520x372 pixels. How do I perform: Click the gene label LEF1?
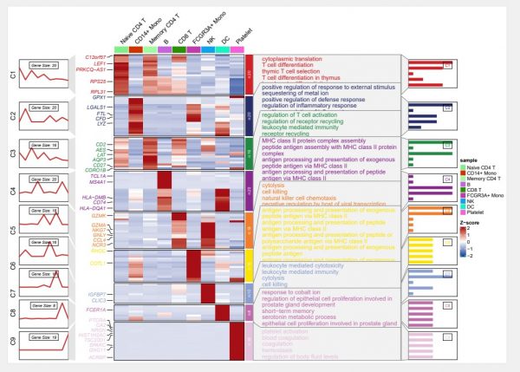click(100, 63)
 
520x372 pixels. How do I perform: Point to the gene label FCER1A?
click(96, 310)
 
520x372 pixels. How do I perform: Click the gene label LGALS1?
click(95, 106)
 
